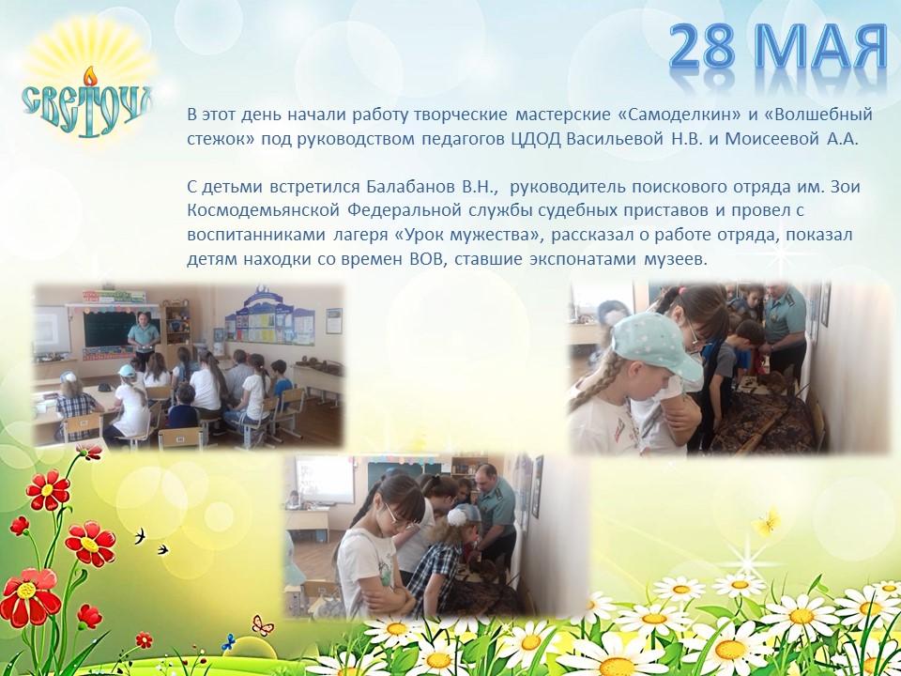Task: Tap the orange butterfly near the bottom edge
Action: coord(263,624)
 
